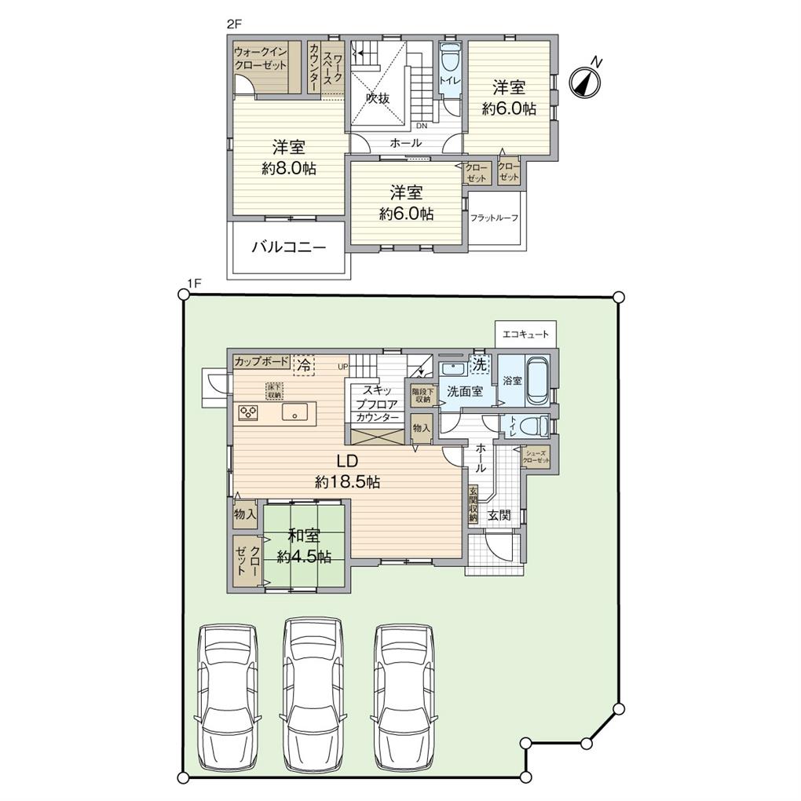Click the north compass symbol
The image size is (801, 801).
[584, 81]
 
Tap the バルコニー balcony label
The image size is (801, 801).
[288, 247]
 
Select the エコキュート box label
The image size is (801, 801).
[525, 334]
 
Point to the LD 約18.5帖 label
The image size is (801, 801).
[342, 471]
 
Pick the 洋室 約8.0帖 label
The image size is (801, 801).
[288, 157]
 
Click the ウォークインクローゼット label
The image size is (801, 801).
[261, 59]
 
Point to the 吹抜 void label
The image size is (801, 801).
[378, 98]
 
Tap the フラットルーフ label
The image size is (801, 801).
[494, 218]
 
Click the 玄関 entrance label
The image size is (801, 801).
[499, 515]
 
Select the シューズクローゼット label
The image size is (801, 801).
[537, 456]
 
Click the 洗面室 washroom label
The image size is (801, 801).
[465, 391]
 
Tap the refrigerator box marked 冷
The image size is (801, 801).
[304, 364]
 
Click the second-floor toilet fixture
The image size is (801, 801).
[451, 62]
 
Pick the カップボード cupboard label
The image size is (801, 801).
[261, 362]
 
